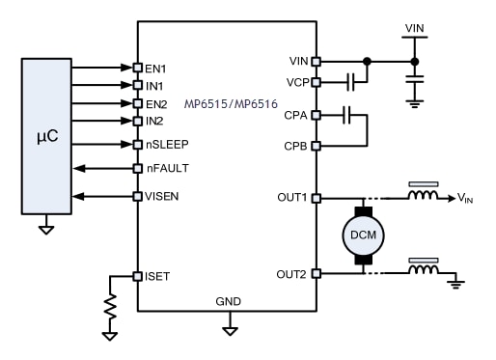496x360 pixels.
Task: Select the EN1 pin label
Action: pos(155,69)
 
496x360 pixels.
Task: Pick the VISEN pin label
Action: pos(161,197)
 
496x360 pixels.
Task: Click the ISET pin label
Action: pos(157,276)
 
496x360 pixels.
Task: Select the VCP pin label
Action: pos(298,82)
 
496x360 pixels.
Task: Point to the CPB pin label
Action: pos(298,146)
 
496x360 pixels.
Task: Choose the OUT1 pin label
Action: pos(294,198)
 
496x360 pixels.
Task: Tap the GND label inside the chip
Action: pos(229,302)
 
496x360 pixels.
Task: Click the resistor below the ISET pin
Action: pos(109,307)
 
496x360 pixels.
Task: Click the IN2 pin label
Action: pos(155,121)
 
